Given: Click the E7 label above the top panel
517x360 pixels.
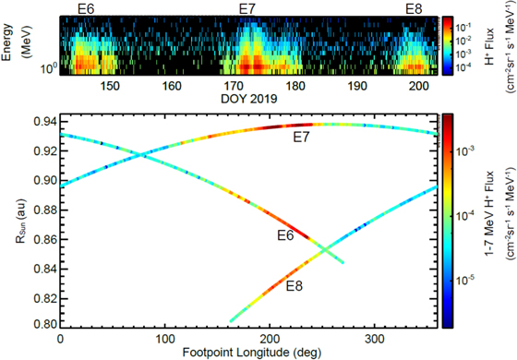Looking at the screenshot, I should [x=248, y=8].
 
